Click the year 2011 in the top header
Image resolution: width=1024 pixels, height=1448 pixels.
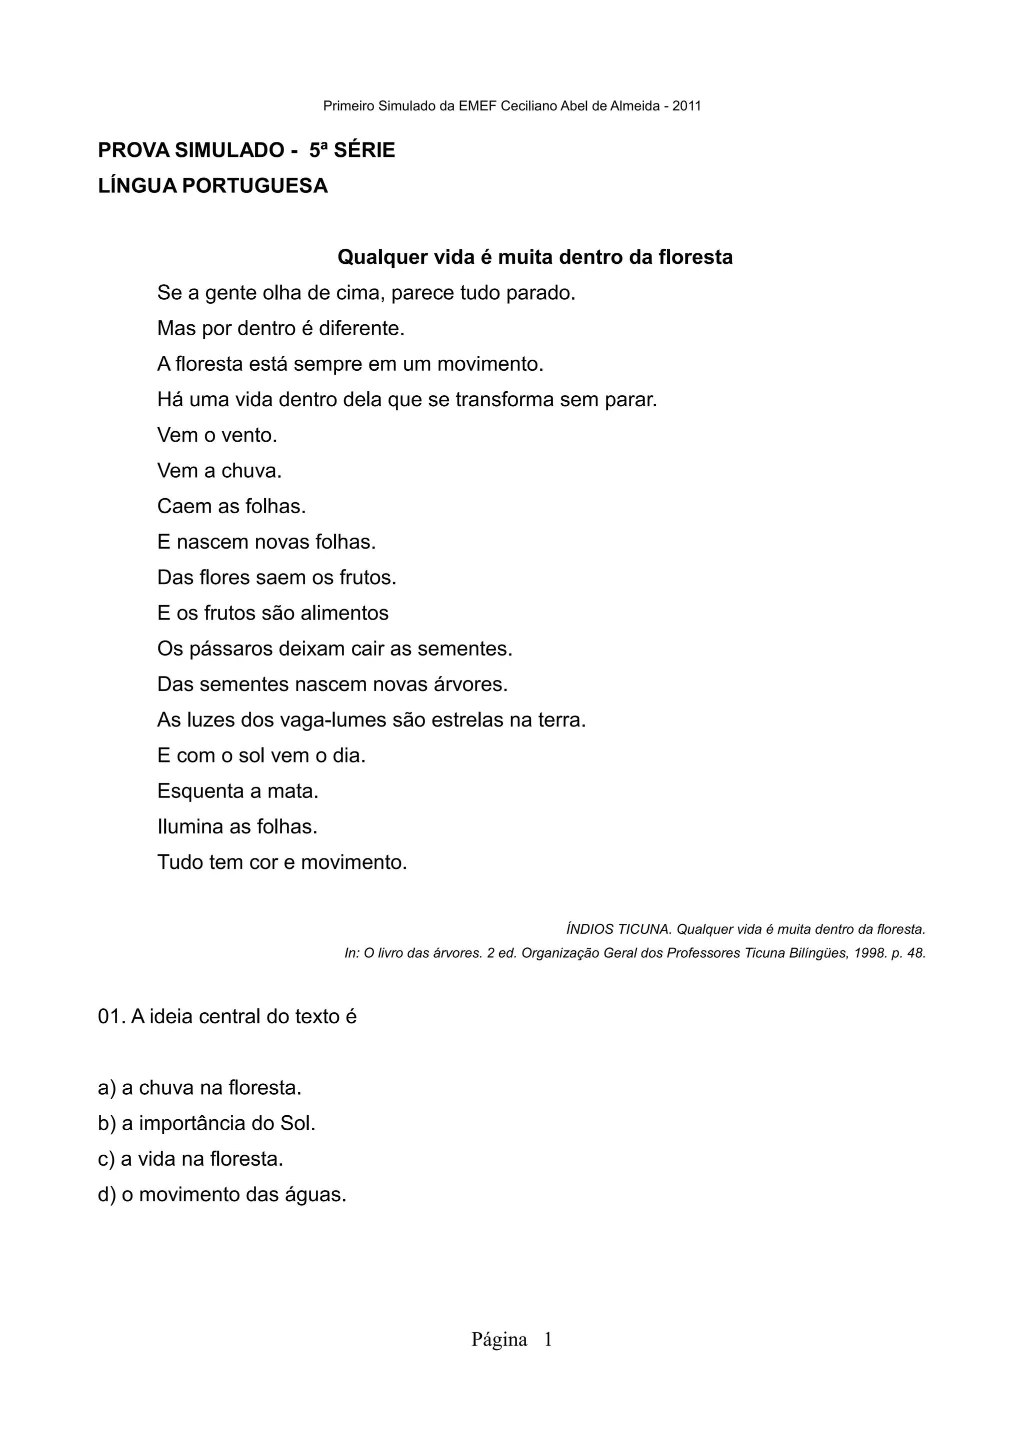686,106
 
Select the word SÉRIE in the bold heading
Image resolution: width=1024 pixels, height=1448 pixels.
364,150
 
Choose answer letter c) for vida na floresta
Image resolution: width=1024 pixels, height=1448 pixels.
106,1159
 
